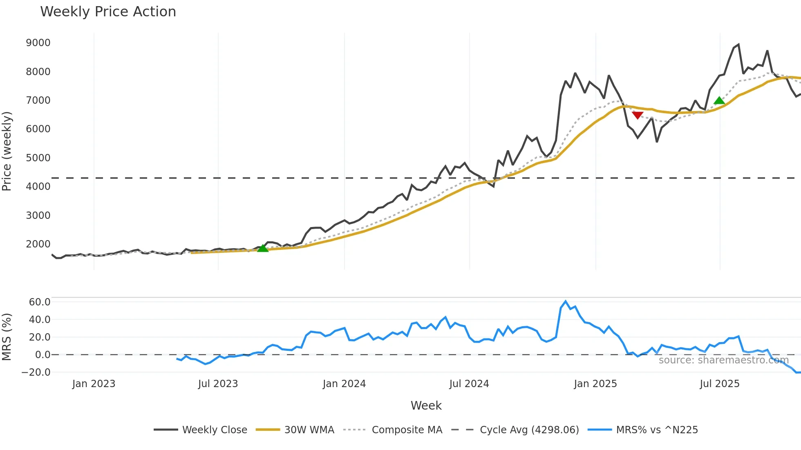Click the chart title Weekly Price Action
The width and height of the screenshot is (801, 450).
click(108, 12)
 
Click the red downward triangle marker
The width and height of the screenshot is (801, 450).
click(638, 115)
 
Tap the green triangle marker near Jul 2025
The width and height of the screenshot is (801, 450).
click(719, 100)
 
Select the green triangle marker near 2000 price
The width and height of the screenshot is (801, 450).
click(263, 248)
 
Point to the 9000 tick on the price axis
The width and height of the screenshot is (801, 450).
click(38, 43)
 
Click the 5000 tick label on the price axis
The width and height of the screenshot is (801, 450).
click(38, 158)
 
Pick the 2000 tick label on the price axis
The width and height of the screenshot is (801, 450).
click(38, 244)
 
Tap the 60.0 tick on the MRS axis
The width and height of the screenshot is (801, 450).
click(40, 302)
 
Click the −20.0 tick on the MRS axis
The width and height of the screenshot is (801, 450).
click(36, 372)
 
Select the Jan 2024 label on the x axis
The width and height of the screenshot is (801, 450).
click(344, 384)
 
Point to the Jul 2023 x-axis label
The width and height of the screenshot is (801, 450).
click(218, 384)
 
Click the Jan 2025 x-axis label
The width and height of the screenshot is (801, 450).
click(595, 384)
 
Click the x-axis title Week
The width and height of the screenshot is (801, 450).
click(426, 405)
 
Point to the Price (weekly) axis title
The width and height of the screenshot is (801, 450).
click(7, 151)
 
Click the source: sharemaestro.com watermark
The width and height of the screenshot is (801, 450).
click(723, 360)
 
